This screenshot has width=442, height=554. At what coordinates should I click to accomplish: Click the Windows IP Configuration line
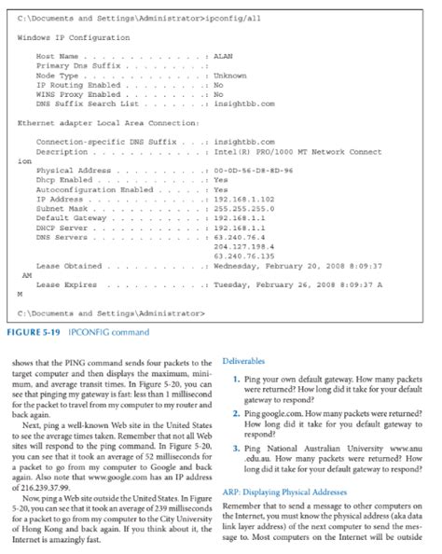coord(74,37)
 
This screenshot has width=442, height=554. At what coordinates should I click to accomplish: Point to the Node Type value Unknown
coord(232,76)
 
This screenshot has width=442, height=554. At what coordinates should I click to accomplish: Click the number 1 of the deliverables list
coord(237,379)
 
